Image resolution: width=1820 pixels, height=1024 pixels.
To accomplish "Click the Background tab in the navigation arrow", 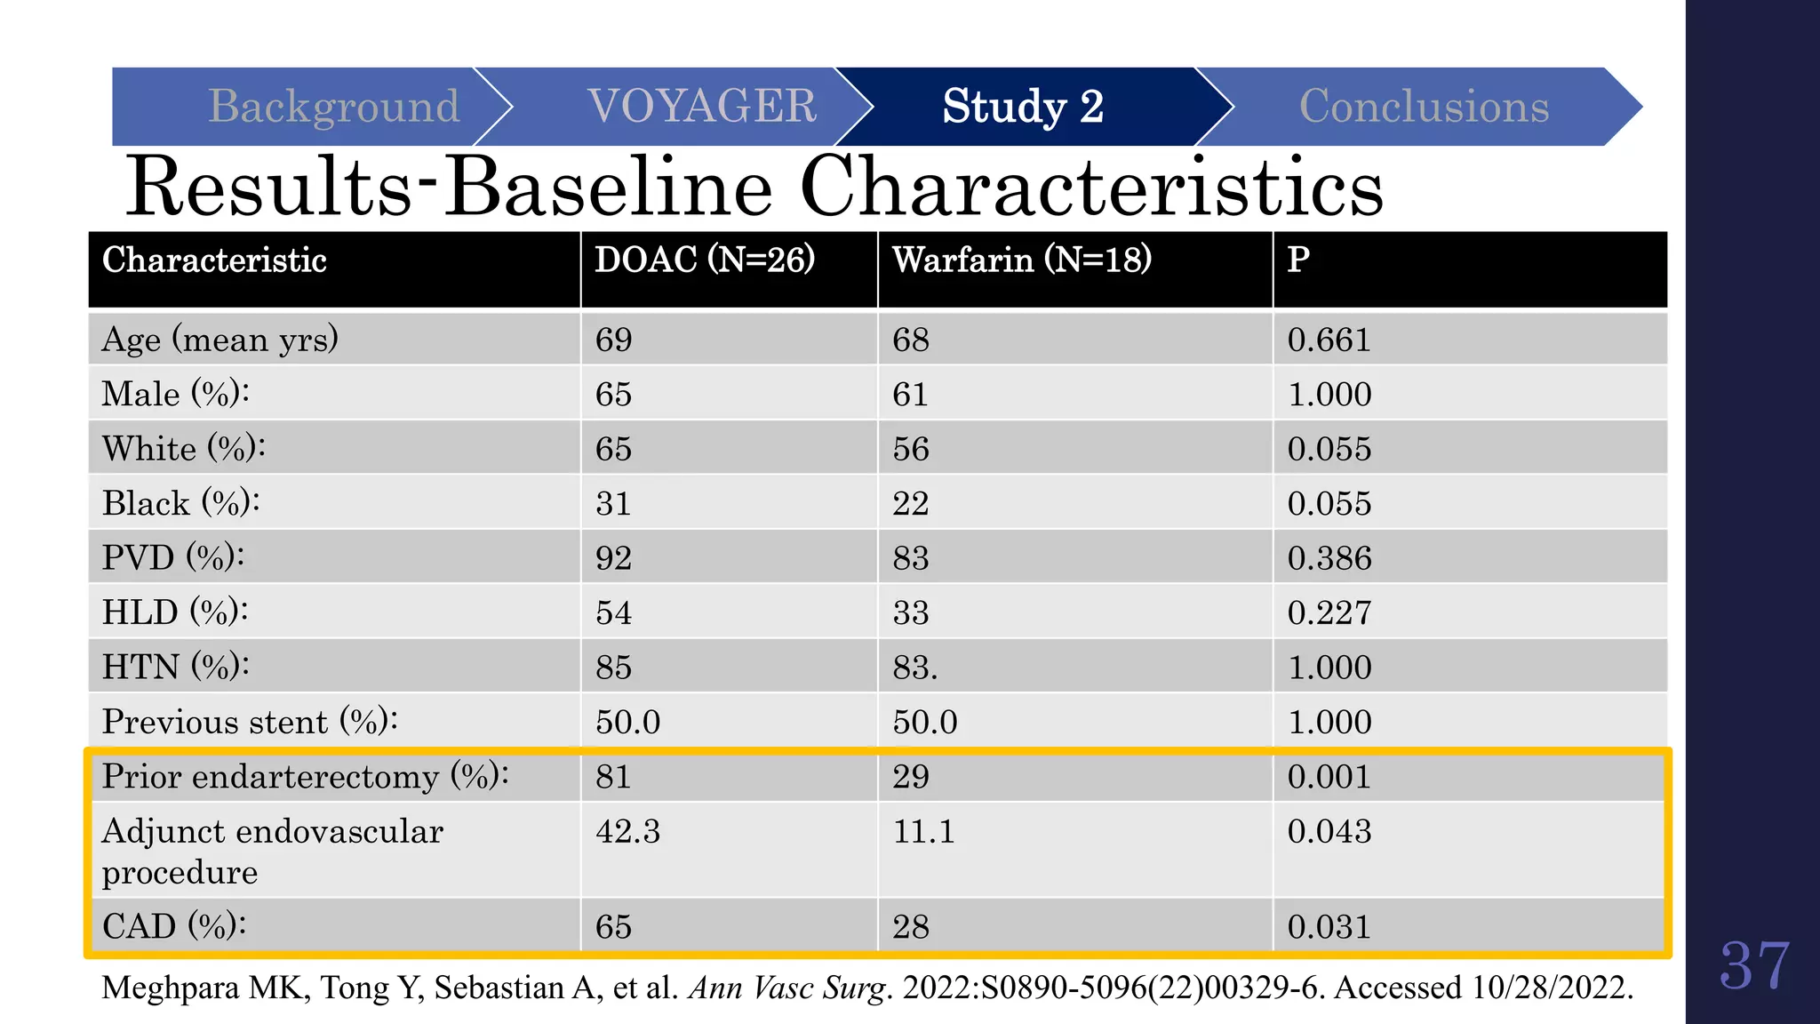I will [333, 107].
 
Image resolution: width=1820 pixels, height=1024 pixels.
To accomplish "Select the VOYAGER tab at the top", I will [702, 107].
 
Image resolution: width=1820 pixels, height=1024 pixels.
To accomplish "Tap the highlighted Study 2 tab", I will [1023, 107].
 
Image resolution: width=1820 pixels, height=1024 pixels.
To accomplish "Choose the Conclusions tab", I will [1424, 107].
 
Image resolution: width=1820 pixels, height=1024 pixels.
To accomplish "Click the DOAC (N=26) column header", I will [705, 260].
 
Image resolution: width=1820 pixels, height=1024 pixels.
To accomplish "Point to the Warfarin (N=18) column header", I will [1022, 260].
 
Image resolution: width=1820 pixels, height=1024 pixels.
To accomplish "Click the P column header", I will [1298, 260].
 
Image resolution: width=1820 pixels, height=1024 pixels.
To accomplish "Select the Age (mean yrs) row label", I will [220, 340].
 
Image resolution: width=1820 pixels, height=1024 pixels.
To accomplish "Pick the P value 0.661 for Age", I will [1329, 340].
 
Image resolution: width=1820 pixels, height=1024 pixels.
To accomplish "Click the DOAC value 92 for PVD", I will [613, 558].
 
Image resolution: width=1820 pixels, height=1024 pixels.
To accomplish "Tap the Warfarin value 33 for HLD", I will [911, 613].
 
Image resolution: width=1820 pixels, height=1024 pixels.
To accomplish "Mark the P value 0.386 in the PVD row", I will [1329, 558].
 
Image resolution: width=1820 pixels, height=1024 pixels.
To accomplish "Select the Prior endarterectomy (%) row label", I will [305, 777].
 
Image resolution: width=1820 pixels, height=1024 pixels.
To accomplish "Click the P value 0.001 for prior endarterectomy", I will [1329, 777].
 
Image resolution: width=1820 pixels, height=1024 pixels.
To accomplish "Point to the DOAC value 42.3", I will [627, 832].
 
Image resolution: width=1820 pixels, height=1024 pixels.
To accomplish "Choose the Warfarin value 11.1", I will [923, 832].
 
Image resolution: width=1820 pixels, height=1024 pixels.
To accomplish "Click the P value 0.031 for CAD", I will [1329, 927].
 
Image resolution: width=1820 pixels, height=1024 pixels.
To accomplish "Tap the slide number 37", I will [1754, 966].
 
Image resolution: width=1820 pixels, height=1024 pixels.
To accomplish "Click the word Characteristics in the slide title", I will [1091, 188].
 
